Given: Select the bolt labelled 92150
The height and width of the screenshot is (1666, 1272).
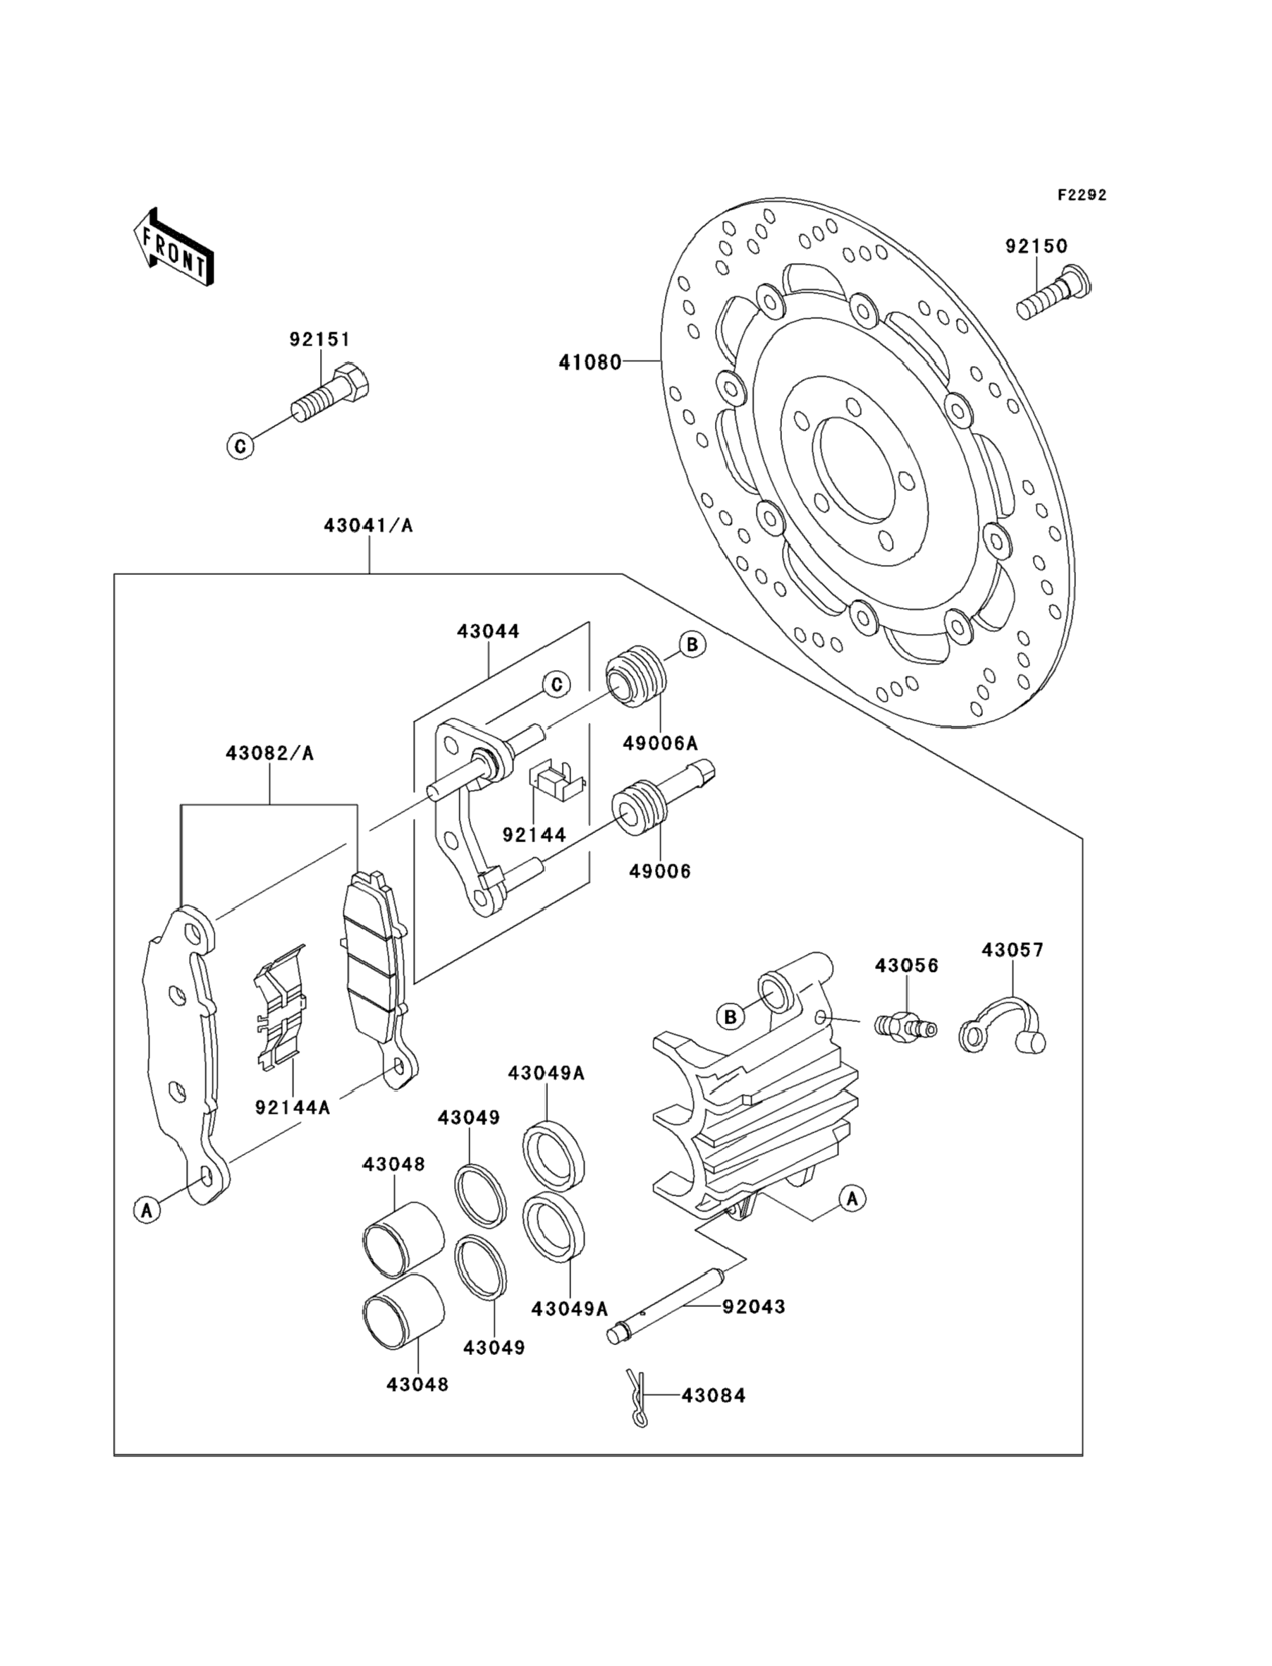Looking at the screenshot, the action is pos(1053,292).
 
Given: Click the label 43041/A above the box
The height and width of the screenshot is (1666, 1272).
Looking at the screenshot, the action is pos(368,525).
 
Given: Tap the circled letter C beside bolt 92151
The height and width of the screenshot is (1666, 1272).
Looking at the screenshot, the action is pos(240,446).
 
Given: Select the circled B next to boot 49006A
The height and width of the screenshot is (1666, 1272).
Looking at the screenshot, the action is pos(691,645).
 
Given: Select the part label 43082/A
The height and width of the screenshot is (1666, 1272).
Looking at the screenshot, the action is pos(269,753).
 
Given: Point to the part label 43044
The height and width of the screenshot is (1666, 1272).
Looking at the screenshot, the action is pos(489,631).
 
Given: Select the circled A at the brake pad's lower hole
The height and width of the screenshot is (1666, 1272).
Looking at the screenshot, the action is pos(147,1210).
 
